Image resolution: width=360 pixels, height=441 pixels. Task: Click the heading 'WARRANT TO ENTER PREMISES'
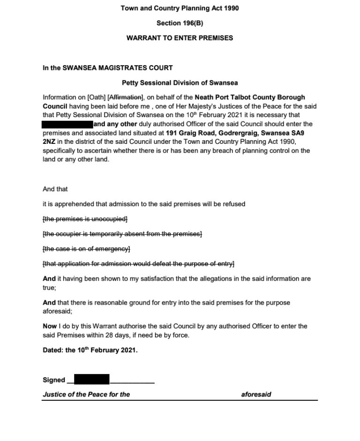(180, 38)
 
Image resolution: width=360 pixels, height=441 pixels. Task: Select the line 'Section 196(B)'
(180, 23)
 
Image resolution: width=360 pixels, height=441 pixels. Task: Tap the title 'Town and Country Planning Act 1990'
(180, 8)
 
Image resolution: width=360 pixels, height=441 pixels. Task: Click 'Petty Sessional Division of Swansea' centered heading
(180, 82)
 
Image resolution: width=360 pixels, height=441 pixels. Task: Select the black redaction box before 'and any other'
(67, 124)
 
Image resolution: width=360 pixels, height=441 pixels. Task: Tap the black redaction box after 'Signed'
(91, 379)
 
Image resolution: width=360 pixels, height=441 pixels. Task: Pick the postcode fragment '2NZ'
(49, 142)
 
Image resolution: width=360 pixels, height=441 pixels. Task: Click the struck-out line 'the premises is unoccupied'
(85, 219)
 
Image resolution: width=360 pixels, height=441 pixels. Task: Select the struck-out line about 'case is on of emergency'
(86, 248)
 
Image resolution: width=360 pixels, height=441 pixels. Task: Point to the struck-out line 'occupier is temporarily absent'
(122, 234)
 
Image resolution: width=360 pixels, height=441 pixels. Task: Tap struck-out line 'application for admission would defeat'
(138, 263)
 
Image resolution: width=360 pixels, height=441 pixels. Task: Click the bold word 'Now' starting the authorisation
(49, 326)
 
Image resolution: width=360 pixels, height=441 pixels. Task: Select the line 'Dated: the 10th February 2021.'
(90, 350)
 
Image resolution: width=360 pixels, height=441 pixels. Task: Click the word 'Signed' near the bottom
(54, 380)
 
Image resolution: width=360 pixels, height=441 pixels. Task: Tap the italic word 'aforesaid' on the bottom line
(256, 395)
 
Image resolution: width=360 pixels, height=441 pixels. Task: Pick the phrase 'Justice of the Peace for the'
(86, 395)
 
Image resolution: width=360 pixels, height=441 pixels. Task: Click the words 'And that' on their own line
(55, 189)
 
